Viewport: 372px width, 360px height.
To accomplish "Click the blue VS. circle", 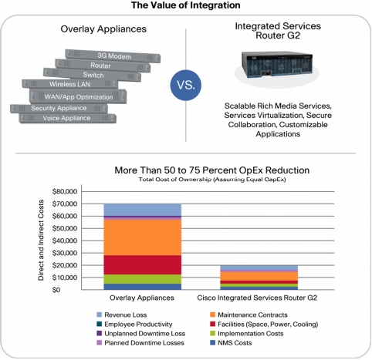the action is pyautogui.click(x=186, y=85).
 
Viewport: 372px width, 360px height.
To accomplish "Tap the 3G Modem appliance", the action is pyautogui.click(x=113, y=56).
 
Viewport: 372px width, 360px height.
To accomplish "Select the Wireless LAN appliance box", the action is pyautogui.click(x=70, y=84).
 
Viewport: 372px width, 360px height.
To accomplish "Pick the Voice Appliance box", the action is pyautogui.click(x=67, y=118).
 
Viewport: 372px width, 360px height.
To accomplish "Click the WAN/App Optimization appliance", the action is pyautogui.click(x=78, y=96).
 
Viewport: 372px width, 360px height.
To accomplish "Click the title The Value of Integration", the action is pyautogui.click(x=186, y=5).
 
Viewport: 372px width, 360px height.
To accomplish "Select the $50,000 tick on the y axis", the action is pyautogui.click(x=65, y=228).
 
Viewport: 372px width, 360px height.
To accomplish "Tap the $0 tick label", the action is pyautogui.click(x=56, y=290).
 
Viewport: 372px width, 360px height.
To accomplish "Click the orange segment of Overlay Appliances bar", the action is pyautogui.click(x=142, y=237).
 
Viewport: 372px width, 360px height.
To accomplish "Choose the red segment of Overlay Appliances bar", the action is pyautogui.click(x=142, y=265).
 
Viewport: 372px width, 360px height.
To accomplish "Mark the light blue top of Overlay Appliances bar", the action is pyautogui.click(x=142, y=210).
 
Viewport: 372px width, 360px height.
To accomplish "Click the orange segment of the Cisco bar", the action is pyautogui.click(x=259, y=276).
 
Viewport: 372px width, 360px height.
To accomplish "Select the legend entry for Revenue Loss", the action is pyautogui.click(x=122, y=315).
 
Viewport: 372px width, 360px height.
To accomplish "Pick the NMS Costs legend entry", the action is pyautogui.click(x=231, y=343).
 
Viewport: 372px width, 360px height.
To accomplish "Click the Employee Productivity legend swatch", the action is pyautogui.click(x=100, y=324).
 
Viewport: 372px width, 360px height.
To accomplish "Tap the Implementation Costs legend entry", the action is pyautogui.click(x=247, y=334).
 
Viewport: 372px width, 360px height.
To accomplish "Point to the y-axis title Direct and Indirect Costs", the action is pyautogui.click(x=41, y=240).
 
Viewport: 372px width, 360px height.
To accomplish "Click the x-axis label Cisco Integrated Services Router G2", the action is pyautogui.click(x=257, y=298).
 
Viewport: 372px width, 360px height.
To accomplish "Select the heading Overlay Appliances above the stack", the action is pyautogui.click(x=103, y=29).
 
